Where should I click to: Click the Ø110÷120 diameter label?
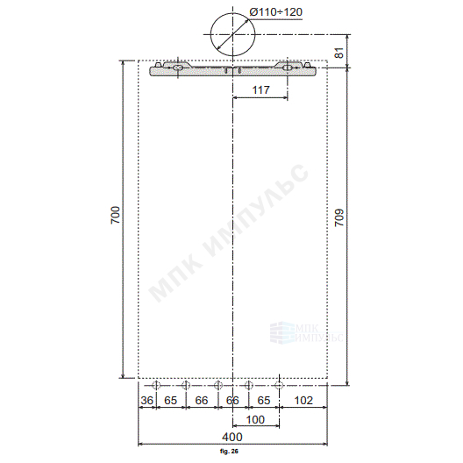tap(276, 12)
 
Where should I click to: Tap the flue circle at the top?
tap(210, 34)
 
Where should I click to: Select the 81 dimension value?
tap(339, 53)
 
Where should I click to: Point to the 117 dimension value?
tap(261, 89)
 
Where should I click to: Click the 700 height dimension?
tap(116, 215)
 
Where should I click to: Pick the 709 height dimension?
tap(339, 217)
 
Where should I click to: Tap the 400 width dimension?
tap(232, 437)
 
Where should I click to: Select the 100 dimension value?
tap(255, 419)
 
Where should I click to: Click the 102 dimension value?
tap(303, 401)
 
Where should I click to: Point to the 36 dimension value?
tap(147, 401)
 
